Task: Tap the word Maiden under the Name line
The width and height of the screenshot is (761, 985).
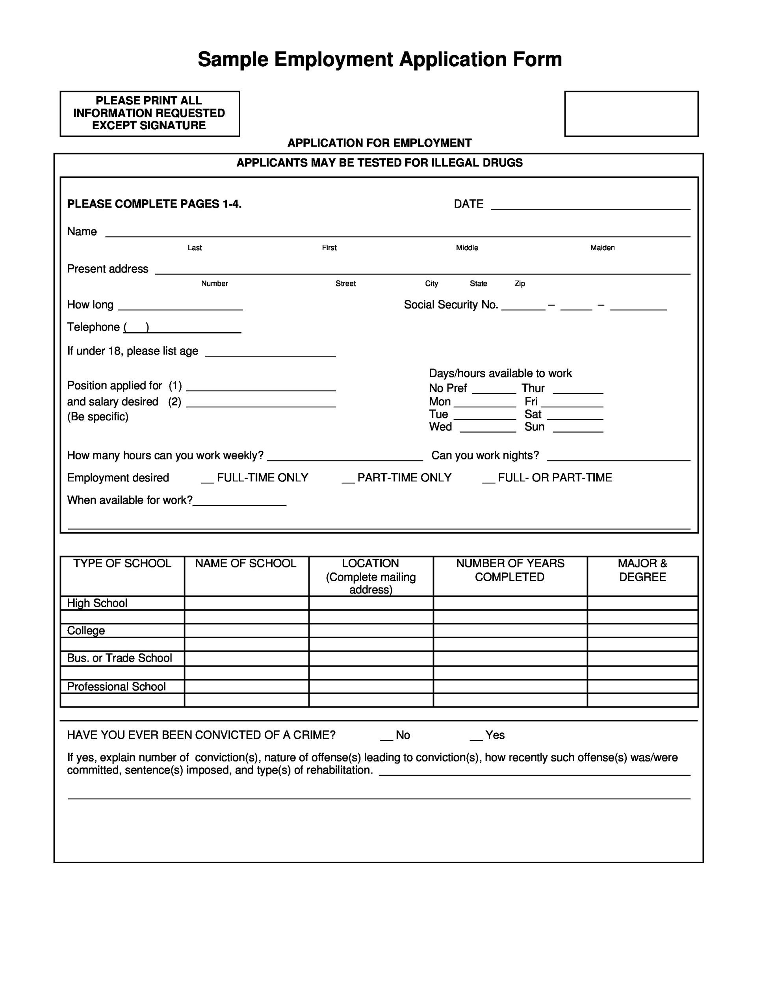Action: [x=602, y=247]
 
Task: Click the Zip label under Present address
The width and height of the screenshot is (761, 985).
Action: [x=520, y=284]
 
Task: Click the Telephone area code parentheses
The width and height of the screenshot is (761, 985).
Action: [x=136, y=327]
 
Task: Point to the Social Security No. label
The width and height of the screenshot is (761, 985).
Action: [x=451, y=305]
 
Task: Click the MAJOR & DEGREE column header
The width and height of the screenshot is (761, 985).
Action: [x=642, y=570]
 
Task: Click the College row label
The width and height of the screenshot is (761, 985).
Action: [x=86, y=630]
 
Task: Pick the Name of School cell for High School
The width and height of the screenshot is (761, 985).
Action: [x=246, y=603]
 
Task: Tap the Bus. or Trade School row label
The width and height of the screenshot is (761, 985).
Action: [x=119, y=658]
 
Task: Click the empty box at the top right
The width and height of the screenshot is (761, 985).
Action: [x=631, y=113]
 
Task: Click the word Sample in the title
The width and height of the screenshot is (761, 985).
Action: [x=233, y=59]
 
